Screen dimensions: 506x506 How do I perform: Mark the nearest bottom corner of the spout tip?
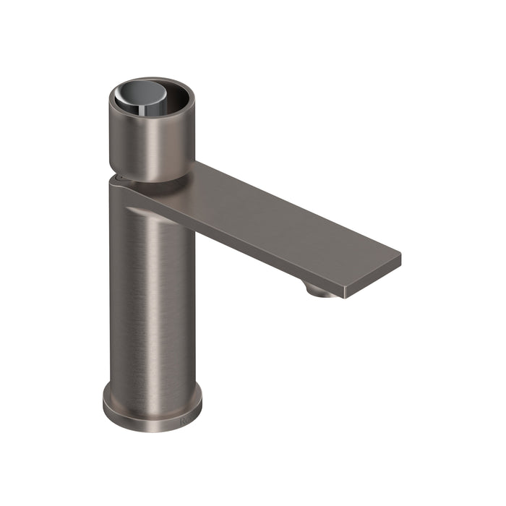(x=346, y=297)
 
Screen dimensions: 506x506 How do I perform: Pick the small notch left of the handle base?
(x=117, y=176)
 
